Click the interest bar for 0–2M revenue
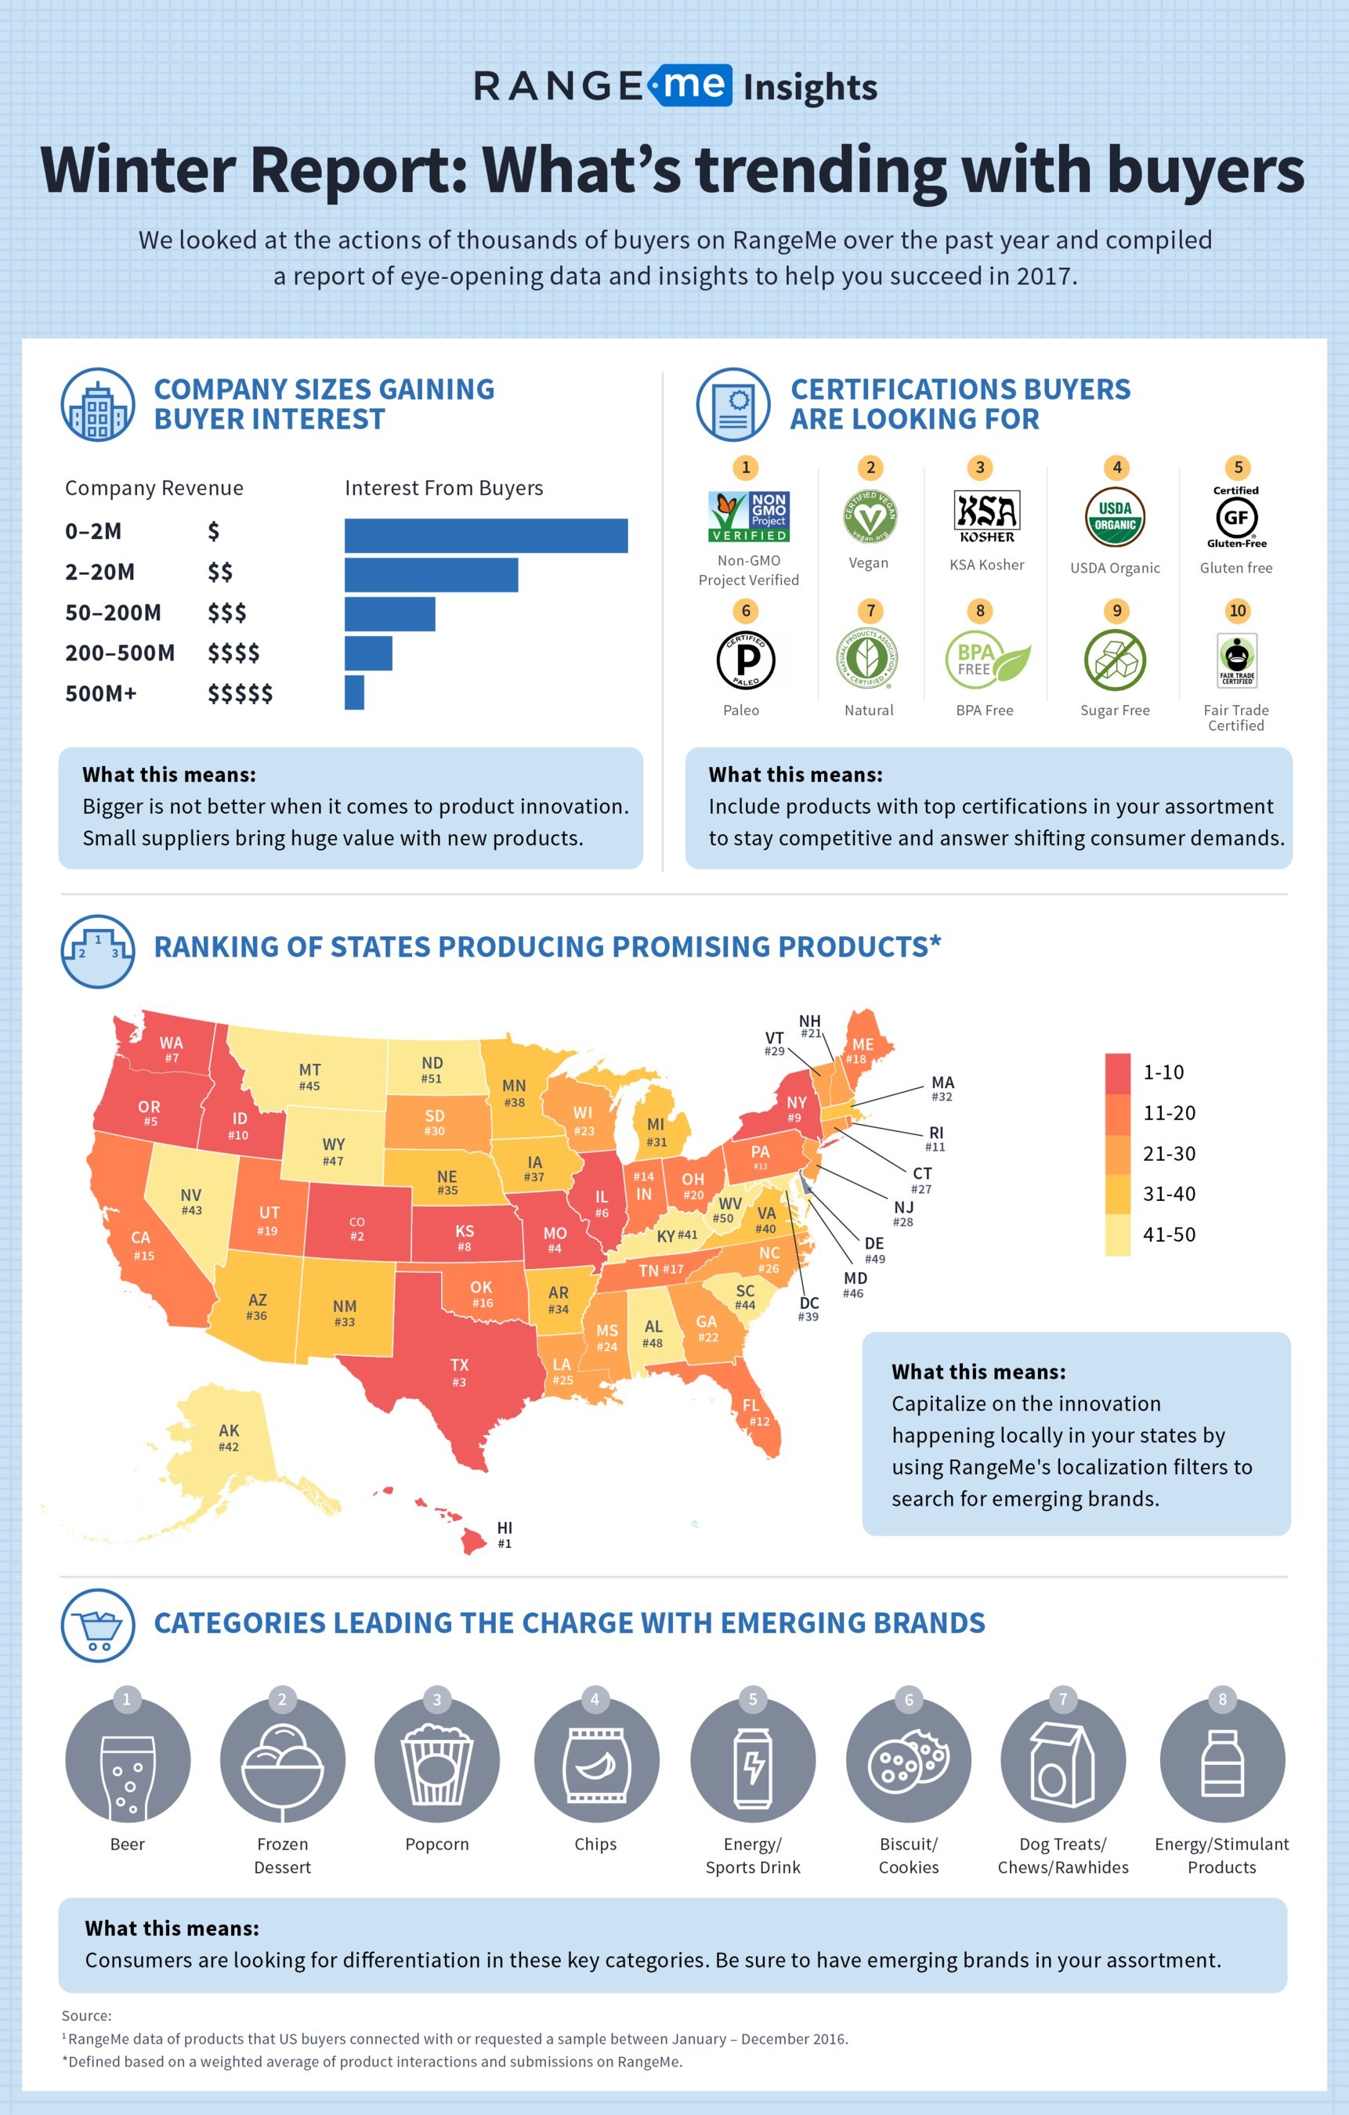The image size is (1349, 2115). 486,536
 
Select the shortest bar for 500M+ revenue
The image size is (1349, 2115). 354,692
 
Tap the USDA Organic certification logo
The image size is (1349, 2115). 1115,516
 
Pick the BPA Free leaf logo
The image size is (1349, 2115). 987,660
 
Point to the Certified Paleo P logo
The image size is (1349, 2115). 745,660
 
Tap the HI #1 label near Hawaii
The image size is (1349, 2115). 505,1535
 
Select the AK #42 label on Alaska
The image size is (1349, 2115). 228,1438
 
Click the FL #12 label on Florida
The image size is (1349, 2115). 755,1412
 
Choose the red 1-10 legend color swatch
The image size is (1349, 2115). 1117,1072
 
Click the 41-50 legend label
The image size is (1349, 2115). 1168,1234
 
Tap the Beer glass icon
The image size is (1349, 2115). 128,1761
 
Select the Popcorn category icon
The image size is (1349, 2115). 436,1761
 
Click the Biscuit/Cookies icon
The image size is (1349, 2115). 908,1761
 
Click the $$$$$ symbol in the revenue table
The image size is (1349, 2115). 240,694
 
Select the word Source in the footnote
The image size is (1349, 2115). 86,2016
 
